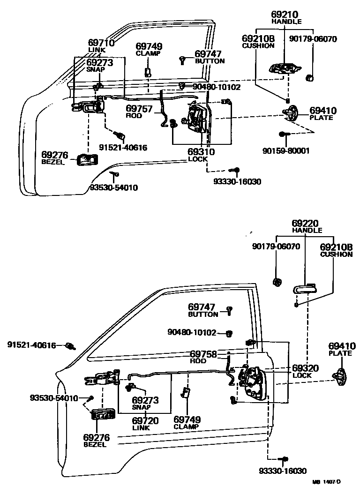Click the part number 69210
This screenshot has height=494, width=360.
pyautogui.click(x=286, y=15)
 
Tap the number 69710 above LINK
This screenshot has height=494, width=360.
pyautogui.click(x=101, y=43)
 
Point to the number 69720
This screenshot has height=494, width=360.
pyautogui.click(x=145, y=420)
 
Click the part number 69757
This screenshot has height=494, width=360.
pyautogui.click(x=139, y=109)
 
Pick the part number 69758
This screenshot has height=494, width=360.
pyautogui.click(x=203, y=354)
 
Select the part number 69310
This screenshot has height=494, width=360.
pyautogui.click(x=201, y=152)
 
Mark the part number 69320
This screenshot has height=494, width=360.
pyautogui.click(x=305, y=368)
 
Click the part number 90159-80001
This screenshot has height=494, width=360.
pyautogui.click(x=285, y=151)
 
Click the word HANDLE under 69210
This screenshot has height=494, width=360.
pyautogui.click(x=286, y=22)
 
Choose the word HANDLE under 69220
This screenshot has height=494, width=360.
pyautogui.click(x=307, y=231)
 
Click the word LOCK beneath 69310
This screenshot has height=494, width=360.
pyautogui.click(x=197, y=159)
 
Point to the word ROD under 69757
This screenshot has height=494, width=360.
pyautogui.click(x=134, y=116)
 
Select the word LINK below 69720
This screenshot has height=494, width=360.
pyautogui.click(x=141, y=427)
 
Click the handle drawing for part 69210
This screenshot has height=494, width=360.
pyautogui.click(x=283, y=68)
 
